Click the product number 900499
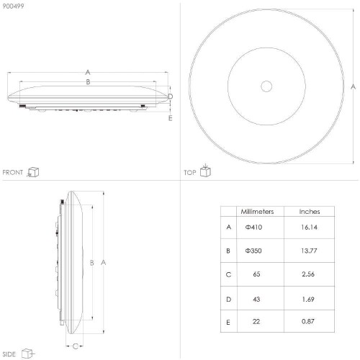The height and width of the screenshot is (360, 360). click(x=13, y=6)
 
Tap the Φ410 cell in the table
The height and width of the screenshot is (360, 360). click(x=253, y=227)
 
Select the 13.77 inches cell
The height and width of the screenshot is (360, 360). click(x=309, y=251)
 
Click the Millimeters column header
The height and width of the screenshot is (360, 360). click(x=257, y=212)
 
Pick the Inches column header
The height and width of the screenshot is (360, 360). click(x=310, y=212)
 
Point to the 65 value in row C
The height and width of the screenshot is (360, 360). click(x=256, y=274)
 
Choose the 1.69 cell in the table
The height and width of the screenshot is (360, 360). click(x=308, y=300)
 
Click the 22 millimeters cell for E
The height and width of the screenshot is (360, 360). click(x=256, y=321)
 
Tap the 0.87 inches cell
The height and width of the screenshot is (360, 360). click(x=308, y=321)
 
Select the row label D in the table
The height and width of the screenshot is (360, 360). click(x=228, y=300)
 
